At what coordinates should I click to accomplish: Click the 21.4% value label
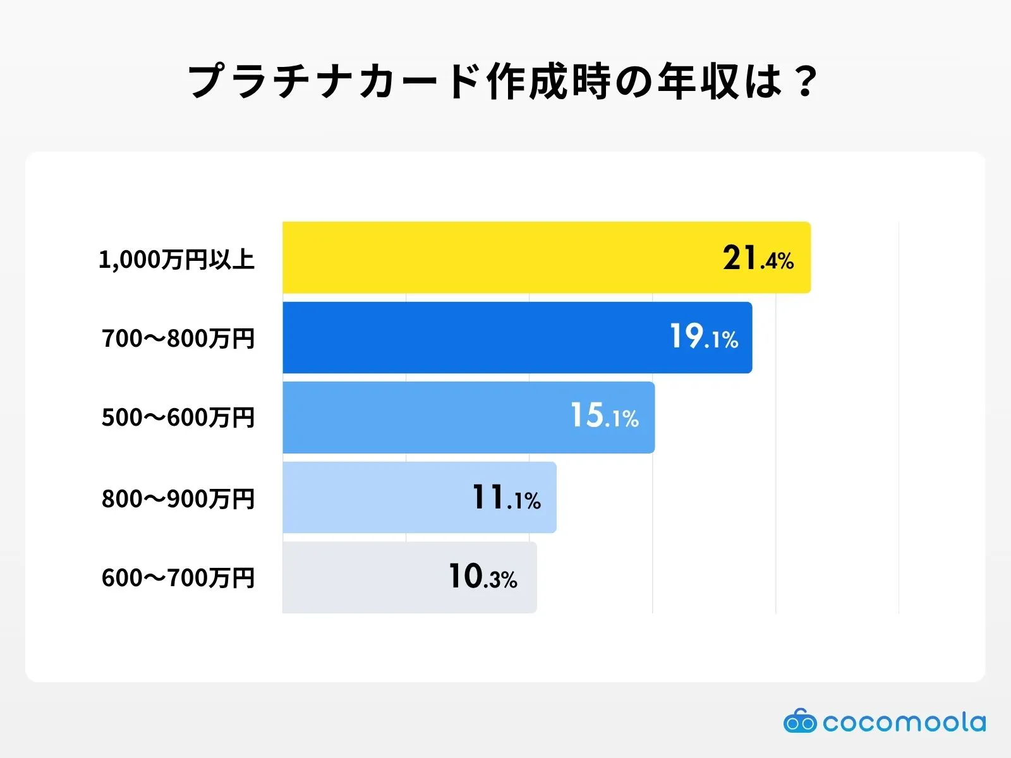(x=758, y=258)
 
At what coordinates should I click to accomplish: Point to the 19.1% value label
(x=703, y=337)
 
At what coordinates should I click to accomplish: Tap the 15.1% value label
(x=604, y=416)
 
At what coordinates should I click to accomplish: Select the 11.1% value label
(x=506, y=498)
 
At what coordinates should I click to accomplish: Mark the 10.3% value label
(x=483, y=577)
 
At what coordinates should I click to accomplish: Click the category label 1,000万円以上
(x=176, y=260)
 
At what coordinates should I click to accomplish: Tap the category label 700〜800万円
(x=178, y=339)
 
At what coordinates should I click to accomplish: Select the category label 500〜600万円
(x=178, y=418)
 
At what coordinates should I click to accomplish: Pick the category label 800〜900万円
(x=178, y=499)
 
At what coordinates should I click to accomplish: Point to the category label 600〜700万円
(x=178, y=578)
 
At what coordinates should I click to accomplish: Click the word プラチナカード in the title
(x=335, y=81)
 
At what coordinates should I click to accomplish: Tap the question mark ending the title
(x=805, y=81)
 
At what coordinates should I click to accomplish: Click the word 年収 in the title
(x=698, y=81)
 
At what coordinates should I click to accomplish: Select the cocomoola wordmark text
(x=904, y=723)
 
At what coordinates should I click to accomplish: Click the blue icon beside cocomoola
(x=800, y=721)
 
